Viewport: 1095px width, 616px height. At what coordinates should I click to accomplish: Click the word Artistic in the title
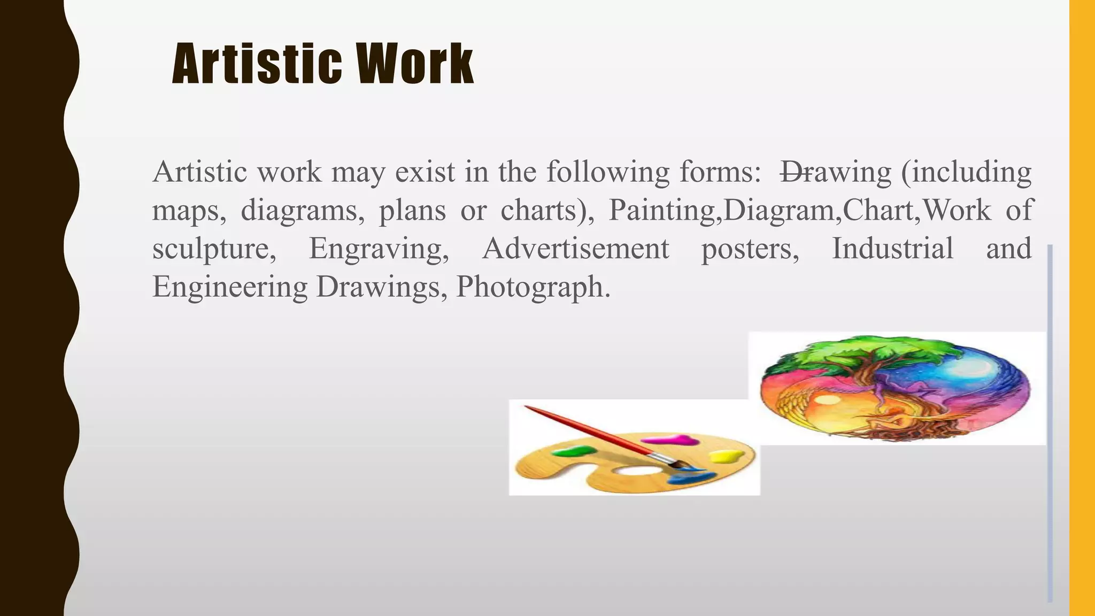click(257, 65)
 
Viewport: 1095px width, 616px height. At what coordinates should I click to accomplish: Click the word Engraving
click(379, 249)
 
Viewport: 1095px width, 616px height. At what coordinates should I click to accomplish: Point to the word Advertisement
click(575, 249)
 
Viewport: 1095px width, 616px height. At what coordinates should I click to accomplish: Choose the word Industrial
click(892, 249)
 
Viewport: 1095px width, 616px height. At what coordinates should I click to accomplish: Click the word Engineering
click(230, 287)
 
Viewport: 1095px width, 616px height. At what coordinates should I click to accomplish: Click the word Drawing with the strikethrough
click(835, 172)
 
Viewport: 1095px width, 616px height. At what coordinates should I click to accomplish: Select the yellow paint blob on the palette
click(726, 456)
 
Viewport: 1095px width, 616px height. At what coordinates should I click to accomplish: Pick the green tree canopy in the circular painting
click(877, 350)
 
